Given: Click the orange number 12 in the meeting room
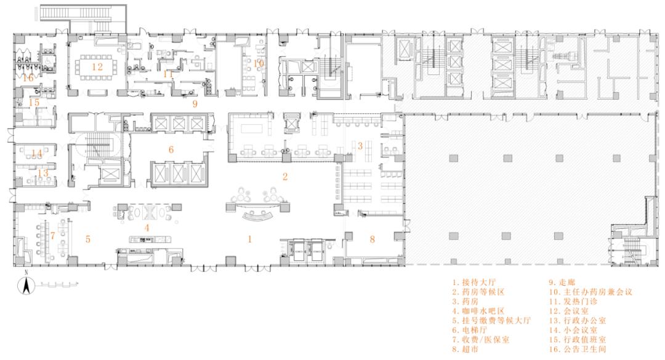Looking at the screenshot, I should [97, 66].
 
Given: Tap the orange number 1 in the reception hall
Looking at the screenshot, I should [250, 239].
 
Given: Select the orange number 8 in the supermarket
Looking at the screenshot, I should [372, 238].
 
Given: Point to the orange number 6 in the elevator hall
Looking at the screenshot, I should [171, 149].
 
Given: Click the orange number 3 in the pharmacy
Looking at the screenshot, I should [360, 145].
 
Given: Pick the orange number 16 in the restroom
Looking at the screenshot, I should [28, 78].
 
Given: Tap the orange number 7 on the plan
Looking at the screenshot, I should [53, 236].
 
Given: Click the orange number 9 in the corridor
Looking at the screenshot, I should [195, 104].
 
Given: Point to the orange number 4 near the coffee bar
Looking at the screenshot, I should [147, 227].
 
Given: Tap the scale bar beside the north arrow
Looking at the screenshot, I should [58, 285].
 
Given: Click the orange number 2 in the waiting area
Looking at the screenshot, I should [284, 177].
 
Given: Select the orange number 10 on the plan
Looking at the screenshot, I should [259, 63].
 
